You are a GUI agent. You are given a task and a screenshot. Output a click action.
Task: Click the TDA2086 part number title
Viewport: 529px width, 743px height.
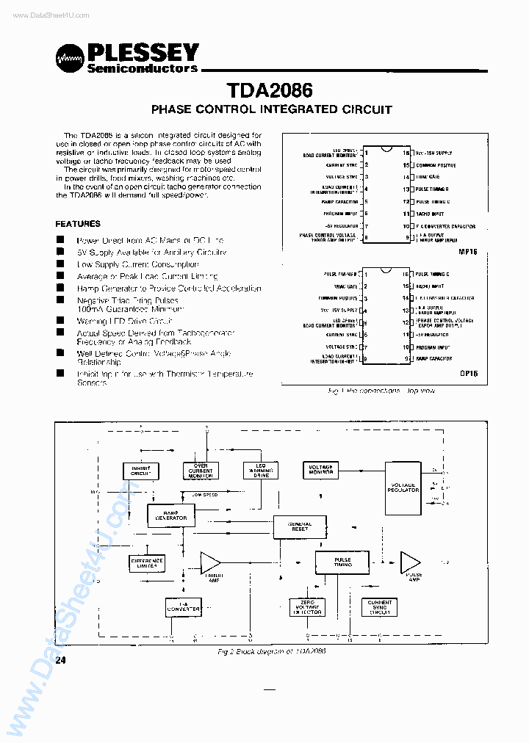click(x=270, y=90)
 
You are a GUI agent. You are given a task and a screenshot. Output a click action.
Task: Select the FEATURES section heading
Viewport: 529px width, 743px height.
click(x=78, y=224)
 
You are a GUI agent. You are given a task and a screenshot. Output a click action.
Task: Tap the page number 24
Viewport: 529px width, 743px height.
click(x=60, y=661)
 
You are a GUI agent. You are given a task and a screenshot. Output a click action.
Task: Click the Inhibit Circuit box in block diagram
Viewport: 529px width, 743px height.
click(x=140, y=471)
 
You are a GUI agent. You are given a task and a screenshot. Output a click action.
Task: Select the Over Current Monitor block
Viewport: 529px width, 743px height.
click(x=201, y=471)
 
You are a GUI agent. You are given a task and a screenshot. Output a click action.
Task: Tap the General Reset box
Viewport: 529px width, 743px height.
click(x=299, y=526)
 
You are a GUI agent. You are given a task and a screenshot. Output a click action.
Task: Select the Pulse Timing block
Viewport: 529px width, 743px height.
click(x=342, y=562)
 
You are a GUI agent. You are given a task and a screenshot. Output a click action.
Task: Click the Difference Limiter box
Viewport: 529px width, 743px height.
click(x=147, y=563)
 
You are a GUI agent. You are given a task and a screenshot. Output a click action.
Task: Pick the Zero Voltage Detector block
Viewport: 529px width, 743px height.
click(x=306, y=606)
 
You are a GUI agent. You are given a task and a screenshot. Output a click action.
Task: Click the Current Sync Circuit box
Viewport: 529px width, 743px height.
click(x=380, y=606)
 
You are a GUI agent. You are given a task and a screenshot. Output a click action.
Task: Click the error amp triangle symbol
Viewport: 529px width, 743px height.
click(x=210, y=563)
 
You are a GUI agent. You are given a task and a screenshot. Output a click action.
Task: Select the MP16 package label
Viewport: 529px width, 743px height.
click(x=467, y=251)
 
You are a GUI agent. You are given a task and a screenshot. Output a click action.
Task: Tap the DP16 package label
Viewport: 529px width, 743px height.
click(x=468, y=374)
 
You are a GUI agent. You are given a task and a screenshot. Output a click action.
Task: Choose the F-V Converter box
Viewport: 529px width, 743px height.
click(x=183, y=606)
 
